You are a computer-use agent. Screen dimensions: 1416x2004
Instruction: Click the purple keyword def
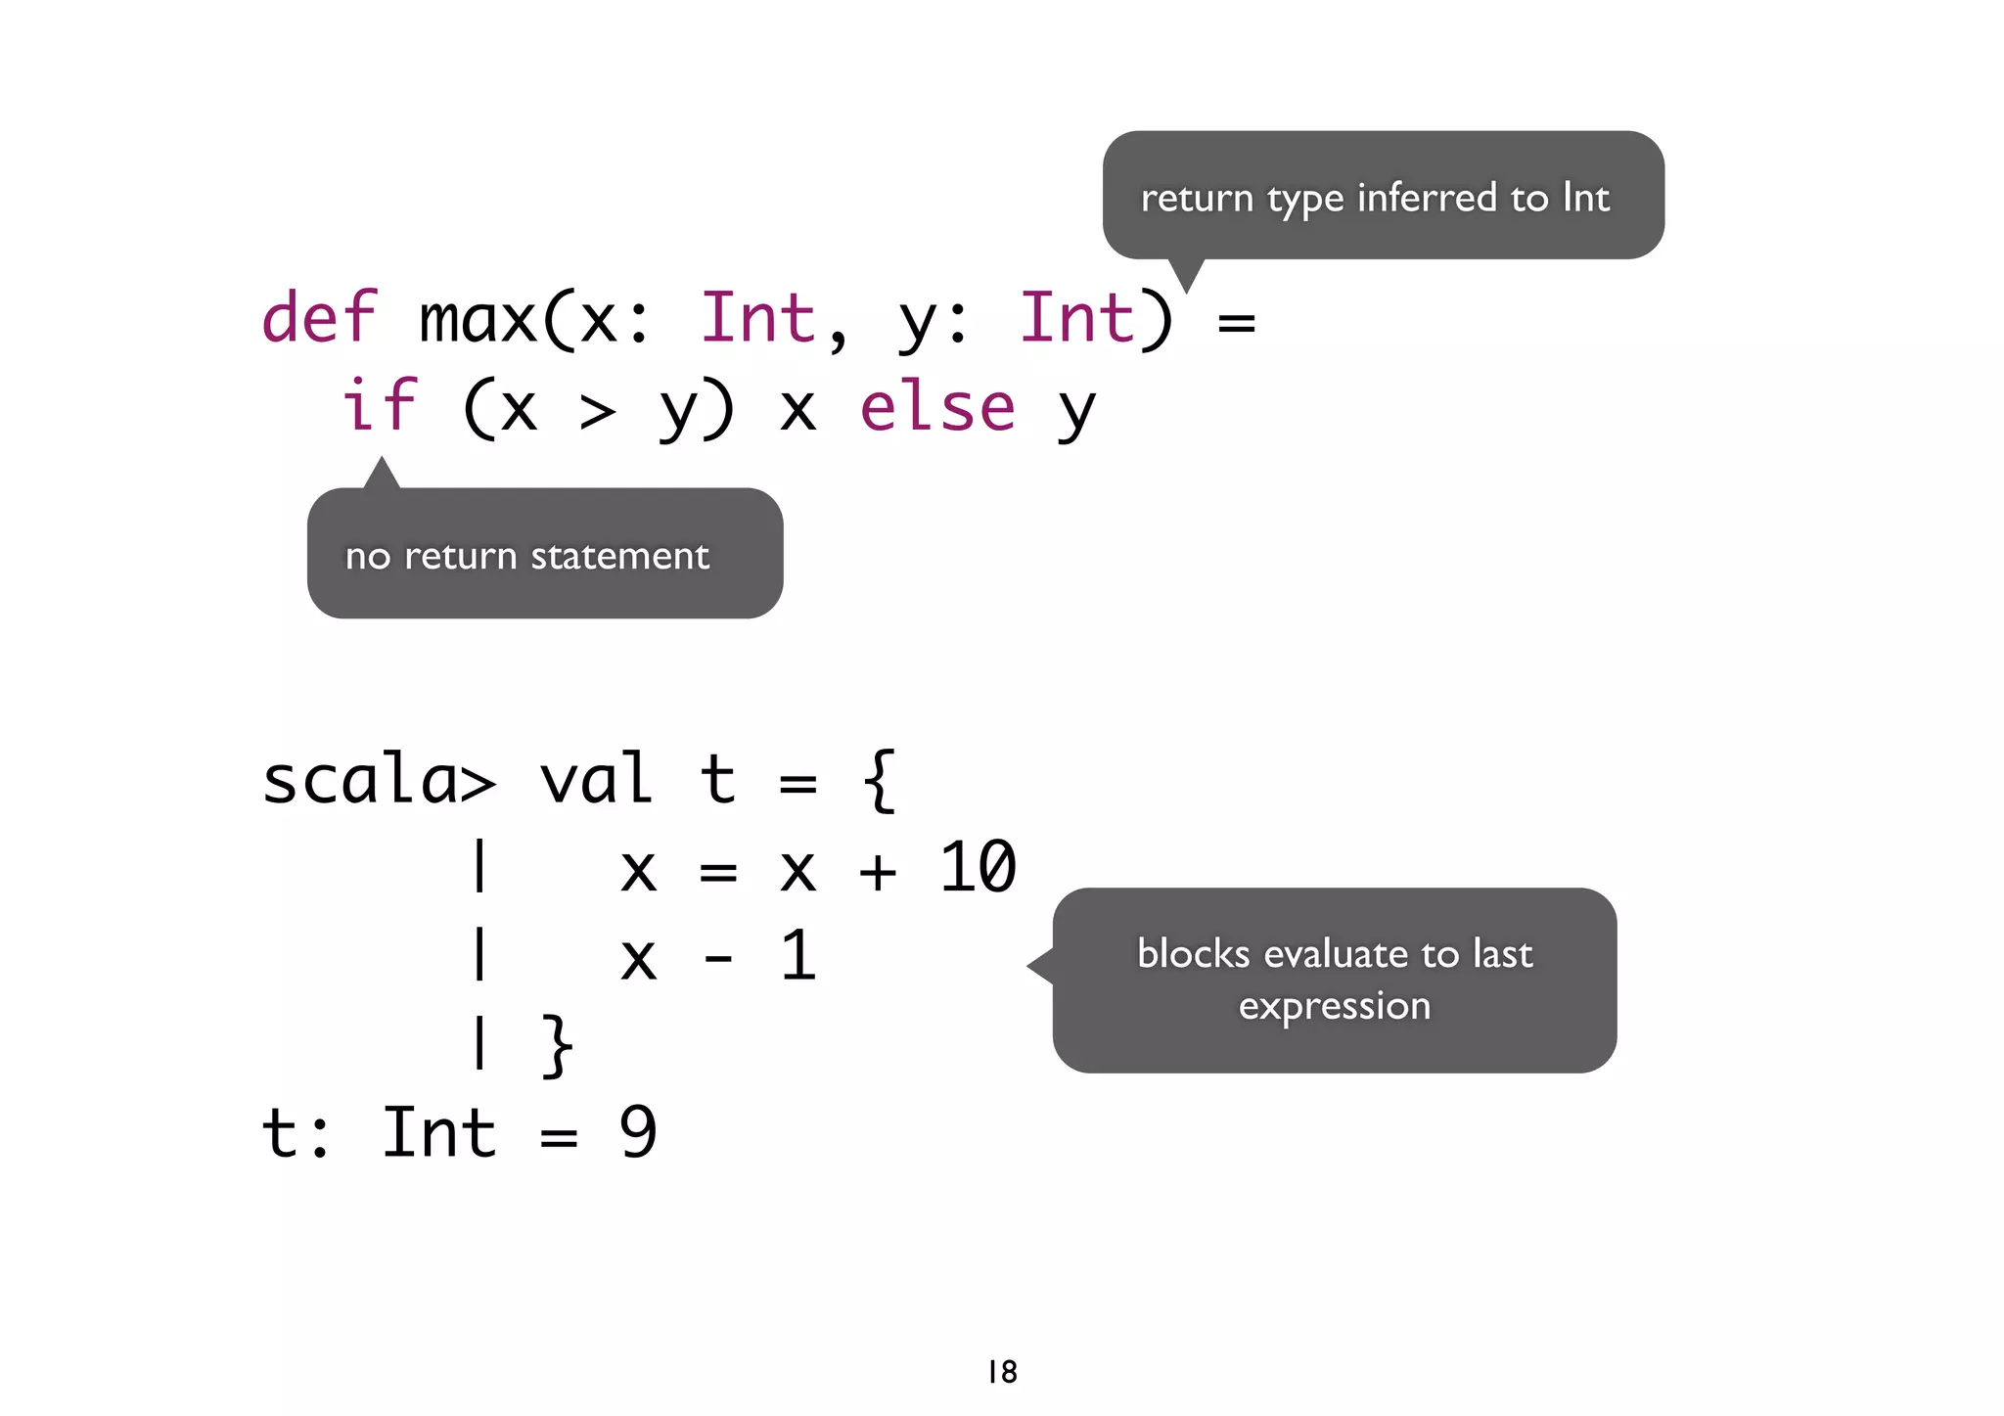point(319,318)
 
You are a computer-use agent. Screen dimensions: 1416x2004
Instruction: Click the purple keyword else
point(937,407)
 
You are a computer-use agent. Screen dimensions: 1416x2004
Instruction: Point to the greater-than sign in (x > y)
point(598,410)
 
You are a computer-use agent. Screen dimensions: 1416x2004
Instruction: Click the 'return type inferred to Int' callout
point(1382,196)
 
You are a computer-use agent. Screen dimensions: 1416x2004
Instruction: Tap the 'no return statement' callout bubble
point(544,554)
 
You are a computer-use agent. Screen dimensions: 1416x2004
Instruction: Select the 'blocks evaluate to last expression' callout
point(1334,980)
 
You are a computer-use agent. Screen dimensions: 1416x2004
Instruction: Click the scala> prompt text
point(379,780)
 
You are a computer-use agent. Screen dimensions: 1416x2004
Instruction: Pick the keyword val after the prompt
point(596,780)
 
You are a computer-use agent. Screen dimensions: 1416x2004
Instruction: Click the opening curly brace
point(879,780)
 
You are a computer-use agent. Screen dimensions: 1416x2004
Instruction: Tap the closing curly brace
point(557,1045)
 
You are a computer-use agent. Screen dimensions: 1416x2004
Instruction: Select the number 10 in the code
point(978,867)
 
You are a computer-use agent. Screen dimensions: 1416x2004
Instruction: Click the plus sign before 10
point(877,871)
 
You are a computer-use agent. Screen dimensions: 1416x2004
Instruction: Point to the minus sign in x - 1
point(718,959)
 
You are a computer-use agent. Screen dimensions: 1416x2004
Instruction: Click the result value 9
point(638,1133)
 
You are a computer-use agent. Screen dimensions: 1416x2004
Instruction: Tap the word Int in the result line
point(438,1133)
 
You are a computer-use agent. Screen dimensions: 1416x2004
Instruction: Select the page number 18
point(1002,1372)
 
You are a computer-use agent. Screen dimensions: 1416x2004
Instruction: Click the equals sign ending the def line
point(1236,322)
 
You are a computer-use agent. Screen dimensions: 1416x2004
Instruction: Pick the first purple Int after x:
point(758,318)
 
